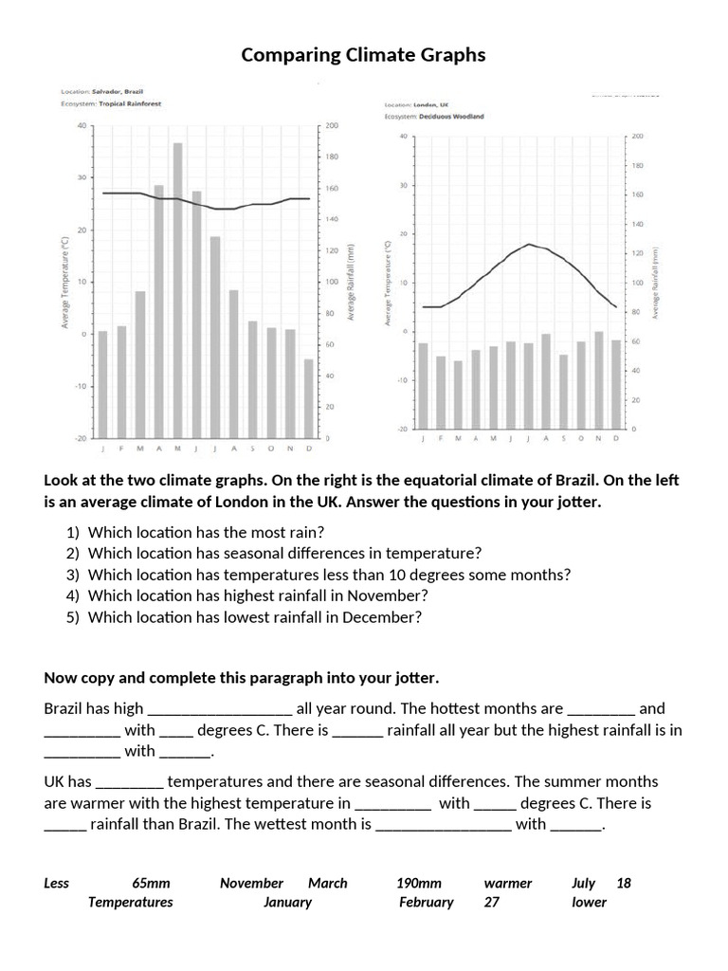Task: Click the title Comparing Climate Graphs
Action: point(363,55)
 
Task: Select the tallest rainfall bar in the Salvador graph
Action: point(177,289)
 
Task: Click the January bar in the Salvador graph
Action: point(102,384)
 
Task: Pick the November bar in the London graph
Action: point(598,379)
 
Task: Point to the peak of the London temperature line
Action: point(529,244)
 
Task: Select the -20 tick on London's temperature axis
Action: point(403,430)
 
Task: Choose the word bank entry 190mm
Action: point(419,883)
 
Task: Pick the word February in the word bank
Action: point(426,902)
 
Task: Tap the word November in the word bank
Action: point(251,883)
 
